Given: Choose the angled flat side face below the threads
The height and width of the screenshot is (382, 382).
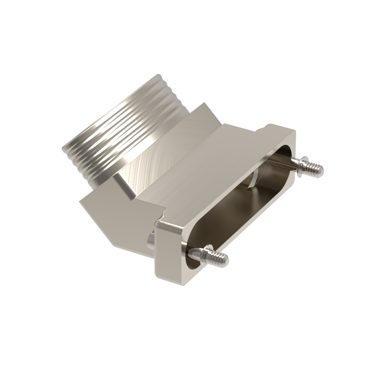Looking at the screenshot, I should tap(115, 216).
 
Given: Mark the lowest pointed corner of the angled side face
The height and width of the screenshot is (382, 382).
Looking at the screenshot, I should tap(111, 246).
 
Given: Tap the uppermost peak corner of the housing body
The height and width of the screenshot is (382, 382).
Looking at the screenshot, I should tap(205, 104).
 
